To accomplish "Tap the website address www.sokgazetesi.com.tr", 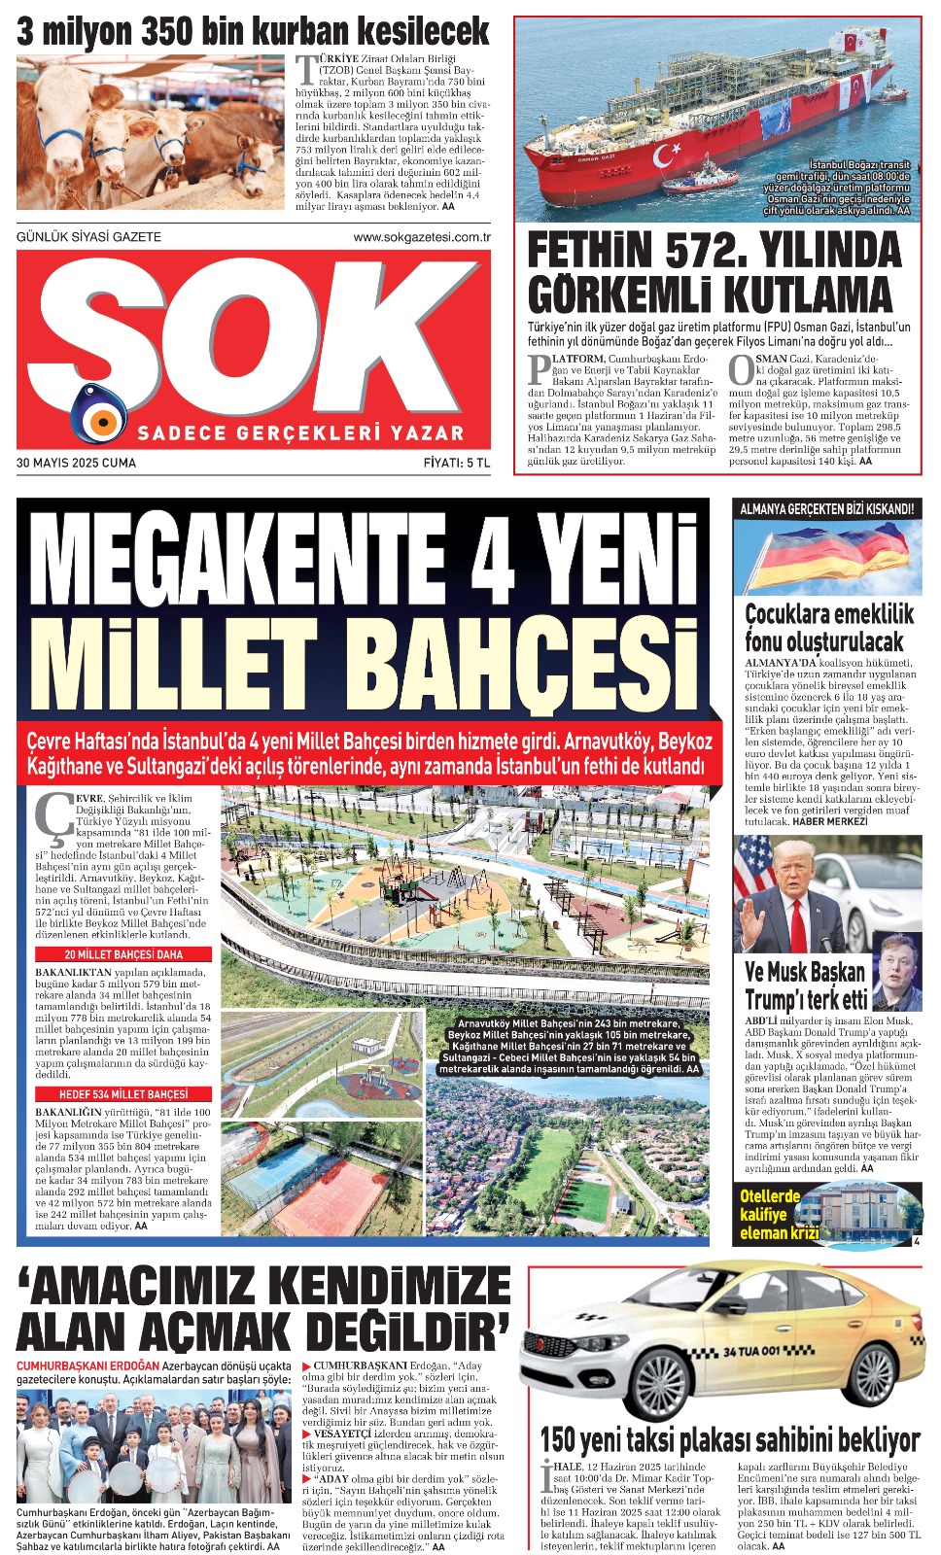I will pos(421,237).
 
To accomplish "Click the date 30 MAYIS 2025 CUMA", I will pos(76,463).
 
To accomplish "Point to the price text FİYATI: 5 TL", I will pos(457,463).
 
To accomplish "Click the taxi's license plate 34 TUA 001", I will pos(751,1352).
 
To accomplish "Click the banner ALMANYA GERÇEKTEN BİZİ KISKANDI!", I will pos(826,508).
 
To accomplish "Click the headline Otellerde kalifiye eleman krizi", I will pos(779,1215).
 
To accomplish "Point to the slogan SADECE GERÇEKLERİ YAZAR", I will pos(300,432).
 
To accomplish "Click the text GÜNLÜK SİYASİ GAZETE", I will pos(89,237).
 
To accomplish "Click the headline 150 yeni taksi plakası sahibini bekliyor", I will pos(729,1439).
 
